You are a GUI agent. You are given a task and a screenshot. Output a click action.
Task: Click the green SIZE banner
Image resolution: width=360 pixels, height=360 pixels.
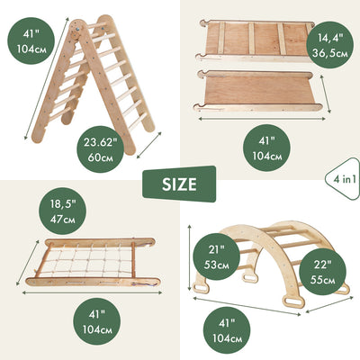point(179,184)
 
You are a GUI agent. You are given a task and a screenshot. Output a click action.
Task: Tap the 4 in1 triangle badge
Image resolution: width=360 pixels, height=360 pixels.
point(345,179)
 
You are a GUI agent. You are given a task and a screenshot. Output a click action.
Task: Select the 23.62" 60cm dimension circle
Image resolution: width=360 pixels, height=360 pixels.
point(100,149)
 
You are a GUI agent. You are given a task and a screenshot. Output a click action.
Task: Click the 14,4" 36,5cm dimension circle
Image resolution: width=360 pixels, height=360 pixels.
point(329,45)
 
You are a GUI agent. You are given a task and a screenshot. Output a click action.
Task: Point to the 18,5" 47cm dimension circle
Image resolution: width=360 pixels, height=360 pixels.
point(62,211)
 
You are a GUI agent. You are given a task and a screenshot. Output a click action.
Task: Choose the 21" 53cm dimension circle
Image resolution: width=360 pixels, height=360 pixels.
point(216,256)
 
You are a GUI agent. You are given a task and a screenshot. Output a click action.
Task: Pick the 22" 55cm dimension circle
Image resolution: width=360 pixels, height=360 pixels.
point(322,272)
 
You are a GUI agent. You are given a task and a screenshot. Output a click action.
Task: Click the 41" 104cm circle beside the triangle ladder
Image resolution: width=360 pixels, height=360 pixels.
point(31,40)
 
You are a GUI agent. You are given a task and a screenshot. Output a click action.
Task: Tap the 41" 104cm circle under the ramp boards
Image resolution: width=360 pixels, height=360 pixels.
point(266,148)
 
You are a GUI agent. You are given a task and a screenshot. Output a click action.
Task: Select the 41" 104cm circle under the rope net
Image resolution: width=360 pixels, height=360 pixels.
point(97,321)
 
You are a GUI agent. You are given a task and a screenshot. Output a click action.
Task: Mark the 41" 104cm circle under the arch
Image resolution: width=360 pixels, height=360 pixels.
point(227,330)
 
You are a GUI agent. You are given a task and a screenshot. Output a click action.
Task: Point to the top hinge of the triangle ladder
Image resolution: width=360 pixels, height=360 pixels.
point(76,30)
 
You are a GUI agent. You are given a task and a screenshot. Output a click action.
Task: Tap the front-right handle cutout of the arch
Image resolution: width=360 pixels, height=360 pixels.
point(292,301)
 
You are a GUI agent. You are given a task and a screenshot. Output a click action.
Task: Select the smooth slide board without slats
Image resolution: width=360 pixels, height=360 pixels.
point(257,91)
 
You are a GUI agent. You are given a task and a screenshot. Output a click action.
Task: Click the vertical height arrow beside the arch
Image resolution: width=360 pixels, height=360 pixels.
point(190,258)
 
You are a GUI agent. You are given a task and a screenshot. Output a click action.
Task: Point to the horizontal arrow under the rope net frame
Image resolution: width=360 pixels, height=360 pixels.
point(92,293)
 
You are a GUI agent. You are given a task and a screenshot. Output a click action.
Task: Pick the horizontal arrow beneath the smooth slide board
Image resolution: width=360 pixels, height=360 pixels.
point(262,119)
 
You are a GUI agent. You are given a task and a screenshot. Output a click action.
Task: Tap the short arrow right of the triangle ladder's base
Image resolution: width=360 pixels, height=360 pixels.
point(149,145)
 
